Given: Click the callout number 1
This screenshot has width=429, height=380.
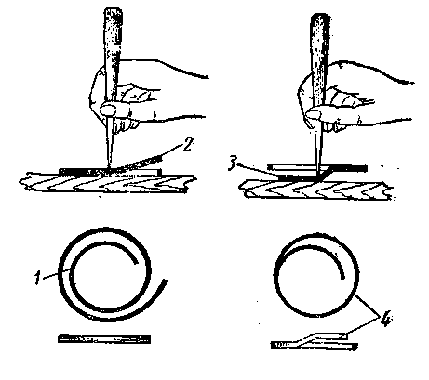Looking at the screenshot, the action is point(37,278).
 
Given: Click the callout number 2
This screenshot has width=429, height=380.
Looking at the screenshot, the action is point(187,145).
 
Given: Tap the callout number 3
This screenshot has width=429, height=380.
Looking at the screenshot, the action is point(232,164).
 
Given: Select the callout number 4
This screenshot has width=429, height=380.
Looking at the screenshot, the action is point(385,320).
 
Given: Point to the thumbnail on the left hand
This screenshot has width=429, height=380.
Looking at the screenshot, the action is point(108,109).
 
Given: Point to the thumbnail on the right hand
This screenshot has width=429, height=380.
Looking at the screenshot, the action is point(314,114).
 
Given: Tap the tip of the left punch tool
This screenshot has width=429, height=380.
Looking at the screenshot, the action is point(109,167).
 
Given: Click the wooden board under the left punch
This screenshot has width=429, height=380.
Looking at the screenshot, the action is point(107,183).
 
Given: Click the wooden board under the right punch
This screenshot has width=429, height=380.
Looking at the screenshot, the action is point(315,190).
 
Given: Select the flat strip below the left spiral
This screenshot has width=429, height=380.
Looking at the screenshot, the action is point(104,339).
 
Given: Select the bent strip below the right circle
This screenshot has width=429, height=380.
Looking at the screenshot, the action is point(314,342).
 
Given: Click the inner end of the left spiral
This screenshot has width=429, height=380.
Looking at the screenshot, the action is point(136,263).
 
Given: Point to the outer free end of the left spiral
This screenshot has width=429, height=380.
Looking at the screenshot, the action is point(165,282).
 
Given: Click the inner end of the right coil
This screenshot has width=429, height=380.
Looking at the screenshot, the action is point(342,278).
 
